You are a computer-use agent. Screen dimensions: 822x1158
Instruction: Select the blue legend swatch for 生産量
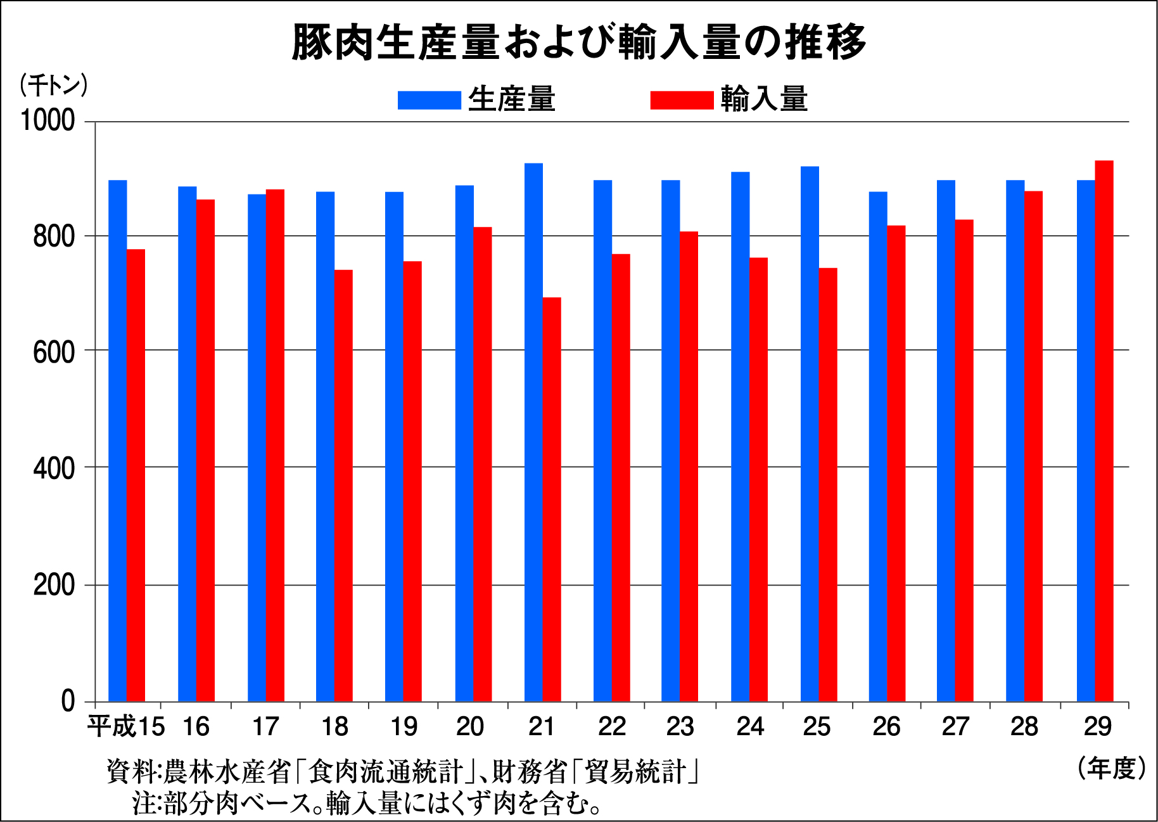click(429, 100)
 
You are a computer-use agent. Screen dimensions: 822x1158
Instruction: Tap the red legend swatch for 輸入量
click(682, 100)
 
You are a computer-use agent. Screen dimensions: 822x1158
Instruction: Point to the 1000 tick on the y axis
click(48, 120)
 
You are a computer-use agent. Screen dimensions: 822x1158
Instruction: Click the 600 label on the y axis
click(54, 352)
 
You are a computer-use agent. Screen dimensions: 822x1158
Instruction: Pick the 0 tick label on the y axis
click(68, 702)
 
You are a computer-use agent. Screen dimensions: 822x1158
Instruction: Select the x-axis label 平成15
click(125, 726)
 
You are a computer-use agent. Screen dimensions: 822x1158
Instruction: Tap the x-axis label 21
click(542, 726)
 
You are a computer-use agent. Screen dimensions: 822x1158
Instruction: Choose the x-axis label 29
click(1097, 726)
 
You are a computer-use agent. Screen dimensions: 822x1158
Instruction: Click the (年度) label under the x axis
click(1111, 768)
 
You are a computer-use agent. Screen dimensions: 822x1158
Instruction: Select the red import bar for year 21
click(552, 499)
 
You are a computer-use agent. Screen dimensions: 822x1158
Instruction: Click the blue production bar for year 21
click(533, 432)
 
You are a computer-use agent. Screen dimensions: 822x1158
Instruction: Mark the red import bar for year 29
click(1104, 431)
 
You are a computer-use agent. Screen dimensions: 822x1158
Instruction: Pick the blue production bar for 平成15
click(117, 440)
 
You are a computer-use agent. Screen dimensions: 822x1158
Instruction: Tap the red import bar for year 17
click(275, 445)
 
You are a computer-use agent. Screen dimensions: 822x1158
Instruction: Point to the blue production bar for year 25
click(810, 433)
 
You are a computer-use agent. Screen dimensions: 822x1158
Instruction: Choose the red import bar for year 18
click(343, 485)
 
